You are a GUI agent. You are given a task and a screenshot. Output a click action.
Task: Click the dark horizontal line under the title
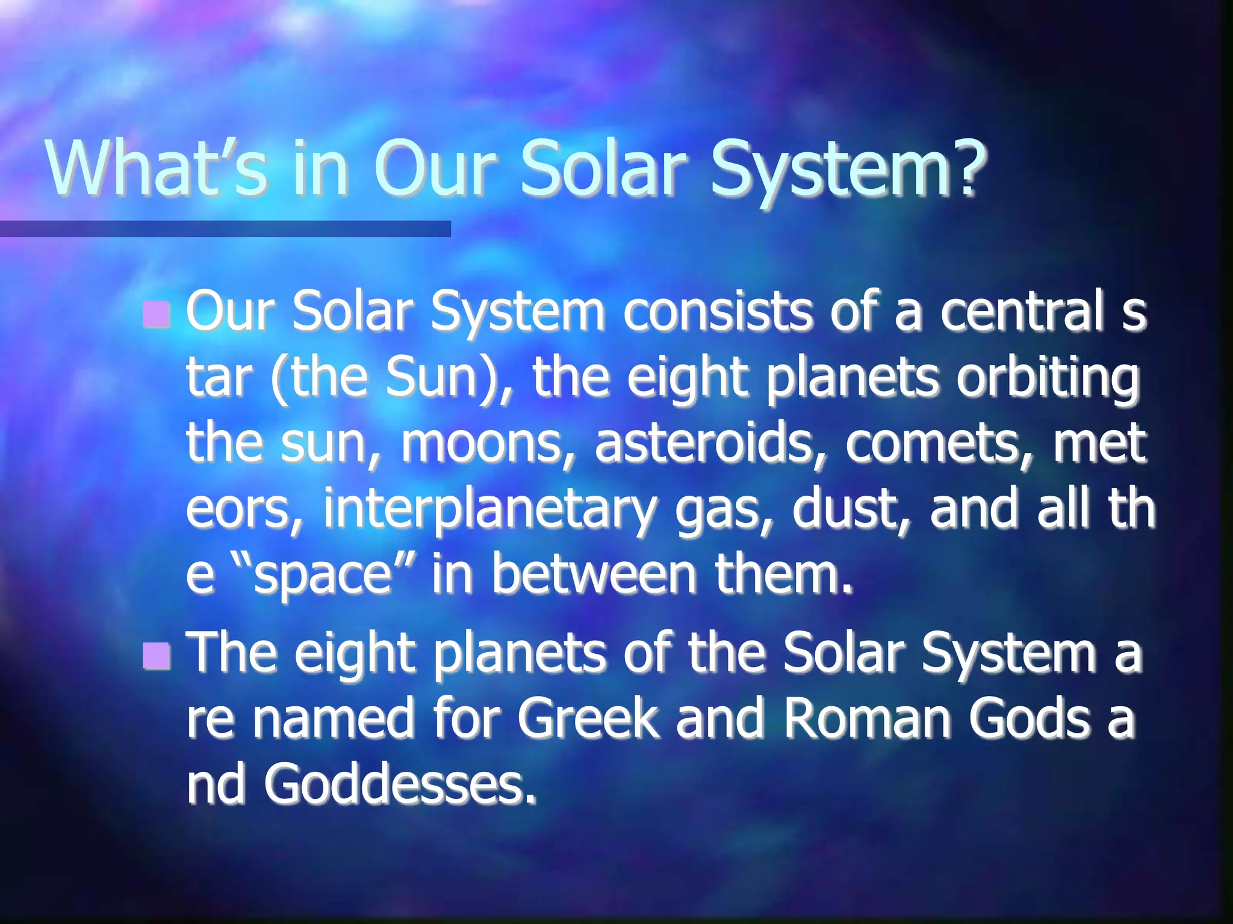tap(225, 229)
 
